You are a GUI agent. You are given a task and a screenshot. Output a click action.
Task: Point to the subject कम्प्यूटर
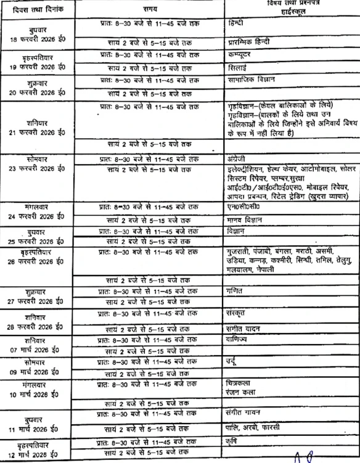coord(241,54)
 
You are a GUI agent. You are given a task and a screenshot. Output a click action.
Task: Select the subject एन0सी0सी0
coord(243,207)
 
